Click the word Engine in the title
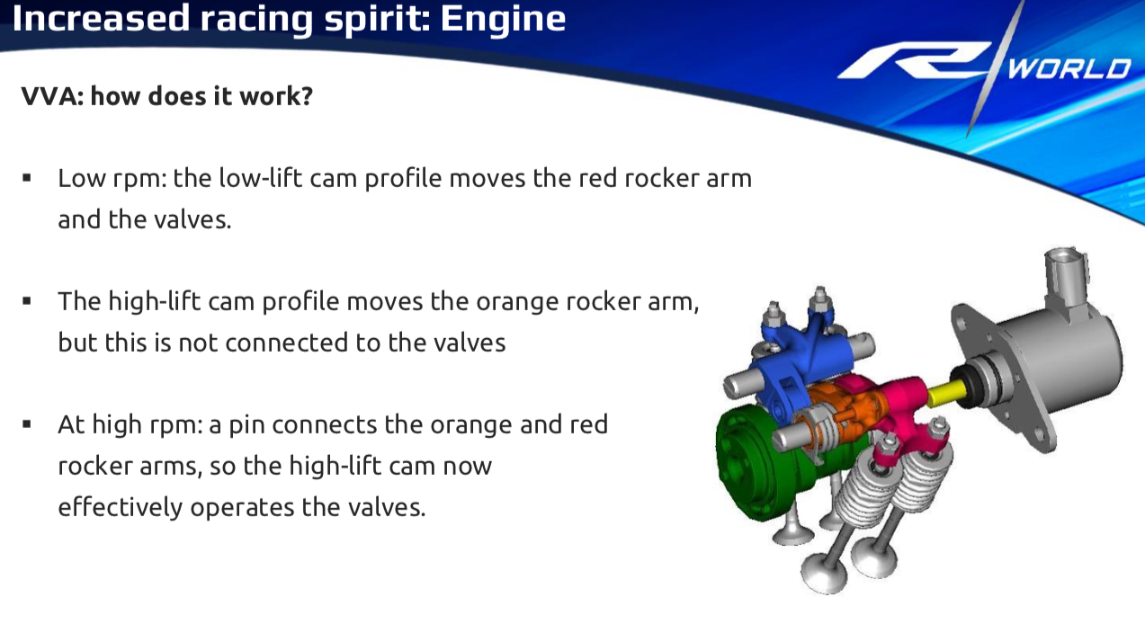coord(503,19)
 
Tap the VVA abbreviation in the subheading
coord(52,96)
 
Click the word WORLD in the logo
coord(1069,69)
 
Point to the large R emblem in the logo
coord(915,60)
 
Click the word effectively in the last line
coord(121,507)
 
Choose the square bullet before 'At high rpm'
coord(27,424)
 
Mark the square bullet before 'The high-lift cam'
coord(27,301)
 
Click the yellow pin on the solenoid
coord(945,394)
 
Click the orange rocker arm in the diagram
coord(848,414)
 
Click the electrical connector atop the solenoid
coord(1066,279)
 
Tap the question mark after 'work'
coord(307,96)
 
